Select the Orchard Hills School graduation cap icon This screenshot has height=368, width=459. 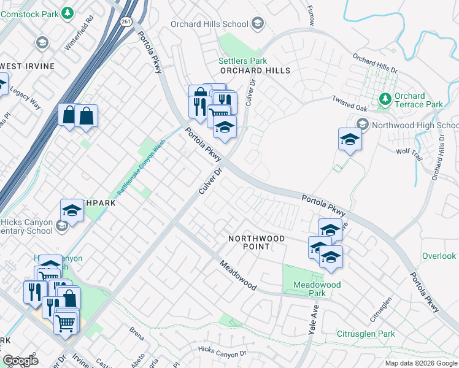(x=257, y=25)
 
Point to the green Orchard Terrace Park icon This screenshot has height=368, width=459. (x=385, y=98)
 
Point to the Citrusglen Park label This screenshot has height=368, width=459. (x=366, y=334)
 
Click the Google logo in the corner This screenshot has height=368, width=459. (x=20, y=361)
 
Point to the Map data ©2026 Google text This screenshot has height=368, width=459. (x=421, y=363)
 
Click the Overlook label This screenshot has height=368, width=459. (x=439, y=256)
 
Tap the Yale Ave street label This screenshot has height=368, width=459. (x=310, y=316)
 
